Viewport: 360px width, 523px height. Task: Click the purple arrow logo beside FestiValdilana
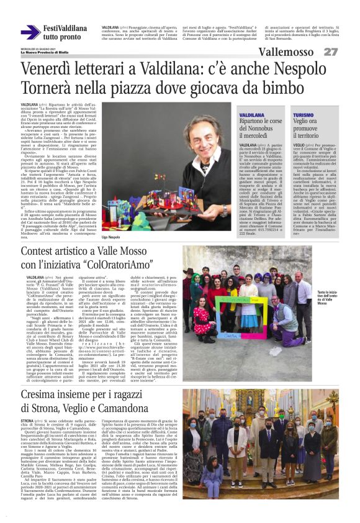(30, 32)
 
